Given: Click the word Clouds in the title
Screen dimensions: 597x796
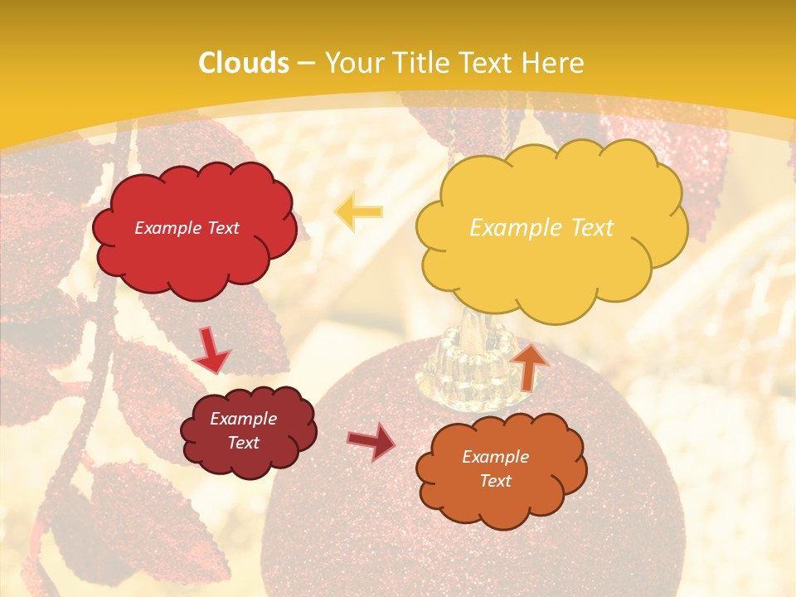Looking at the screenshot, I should [x=244, y=63].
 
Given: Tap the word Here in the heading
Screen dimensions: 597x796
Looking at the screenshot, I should [x=551, y=63].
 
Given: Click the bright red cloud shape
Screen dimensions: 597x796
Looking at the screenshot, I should [x=192, y=249].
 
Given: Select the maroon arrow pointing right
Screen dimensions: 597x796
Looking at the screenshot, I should [x=371, y=440].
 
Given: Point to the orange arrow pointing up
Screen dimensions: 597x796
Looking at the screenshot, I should [x=530, y=366].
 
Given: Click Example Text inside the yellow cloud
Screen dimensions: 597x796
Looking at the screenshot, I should [x=541, y=228].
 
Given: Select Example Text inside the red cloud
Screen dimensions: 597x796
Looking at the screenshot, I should [x=187, y=228].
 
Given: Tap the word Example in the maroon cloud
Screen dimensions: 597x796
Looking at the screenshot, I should [x=243, y=419].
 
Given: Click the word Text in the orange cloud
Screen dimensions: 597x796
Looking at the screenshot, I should [x=495, y=481].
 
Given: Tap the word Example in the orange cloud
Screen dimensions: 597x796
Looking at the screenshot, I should [x=495, y=457].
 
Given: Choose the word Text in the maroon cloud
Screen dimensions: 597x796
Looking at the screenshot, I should [x=243, y=443].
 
